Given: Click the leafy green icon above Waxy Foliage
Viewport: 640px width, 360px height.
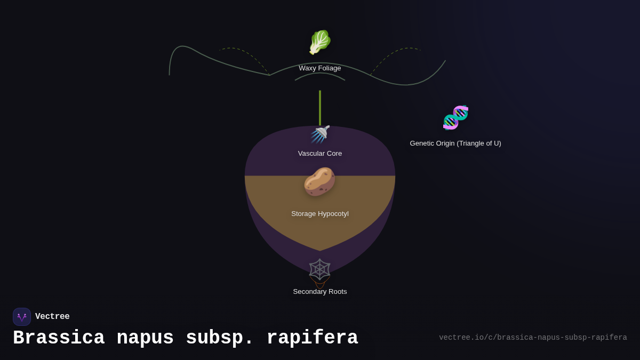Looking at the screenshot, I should point(320,42).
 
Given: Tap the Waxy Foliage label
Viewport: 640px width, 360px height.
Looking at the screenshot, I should point(320,68).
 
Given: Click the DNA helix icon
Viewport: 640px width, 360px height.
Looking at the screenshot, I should point(455,117).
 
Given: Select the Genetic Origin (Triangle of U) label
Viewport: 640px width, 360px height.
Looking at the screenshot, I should point(455,143).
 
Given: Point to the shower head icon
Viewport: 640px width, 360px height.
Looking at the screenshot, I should point(320,134).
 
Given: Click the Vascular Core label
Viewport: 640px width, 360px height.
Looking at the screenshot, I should point(320,154).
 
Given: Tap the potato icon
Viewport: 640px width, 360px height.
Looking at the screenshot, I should point(319,181).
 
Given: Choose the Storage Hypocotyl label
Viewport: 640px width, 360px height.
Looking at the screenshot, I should point(320,214).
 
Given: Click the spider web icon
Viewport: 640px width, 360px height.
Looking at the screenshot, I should point(319,270).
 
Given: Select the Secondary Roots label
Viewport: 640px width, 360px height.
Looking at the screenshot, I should point(320,292).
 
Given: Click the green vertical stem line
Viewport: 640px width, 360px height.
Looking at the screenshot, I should point(320,107).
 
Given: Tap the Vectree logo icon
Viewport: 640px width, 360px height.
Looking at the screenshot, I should point(22,317).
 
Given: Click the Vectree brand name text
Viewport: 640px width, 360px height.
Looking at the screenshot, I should point(52,317).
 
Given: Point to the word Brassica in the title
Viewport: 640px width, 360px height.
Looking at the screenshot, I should point(59,338).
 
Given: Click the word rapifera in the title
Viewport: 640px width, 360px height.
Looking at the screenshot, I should point(312,338).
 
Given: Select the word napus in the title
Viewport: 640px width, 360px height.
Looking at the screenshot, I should point(145,338).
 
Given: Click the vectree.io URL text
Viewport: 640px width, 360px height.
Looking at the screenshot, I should point(533,338).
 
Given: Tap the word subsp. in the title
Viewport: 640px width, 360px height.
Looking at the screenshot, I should point(220,338).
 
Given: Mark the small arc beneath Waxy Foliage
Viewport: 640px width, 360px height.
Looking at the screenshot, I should point(320,74).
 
